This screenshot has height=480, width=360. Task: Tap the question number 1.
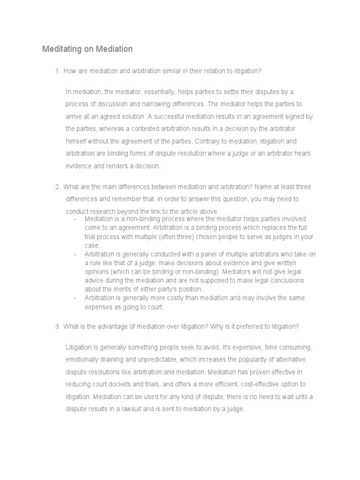coord(57,71)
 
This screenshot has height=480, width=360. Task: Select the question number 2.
coord(57,187)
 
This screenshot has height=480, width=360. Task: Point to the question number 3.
coord(57,327)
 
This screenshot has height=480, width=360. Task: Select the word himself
coord(77,141)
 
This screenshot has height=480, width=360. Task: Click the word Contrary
coord(206,141)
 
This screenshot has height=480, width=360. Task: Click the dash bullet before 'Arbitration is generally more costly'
coord(75,298)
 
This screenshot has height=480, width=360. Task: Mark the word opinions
coord(97,272)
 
